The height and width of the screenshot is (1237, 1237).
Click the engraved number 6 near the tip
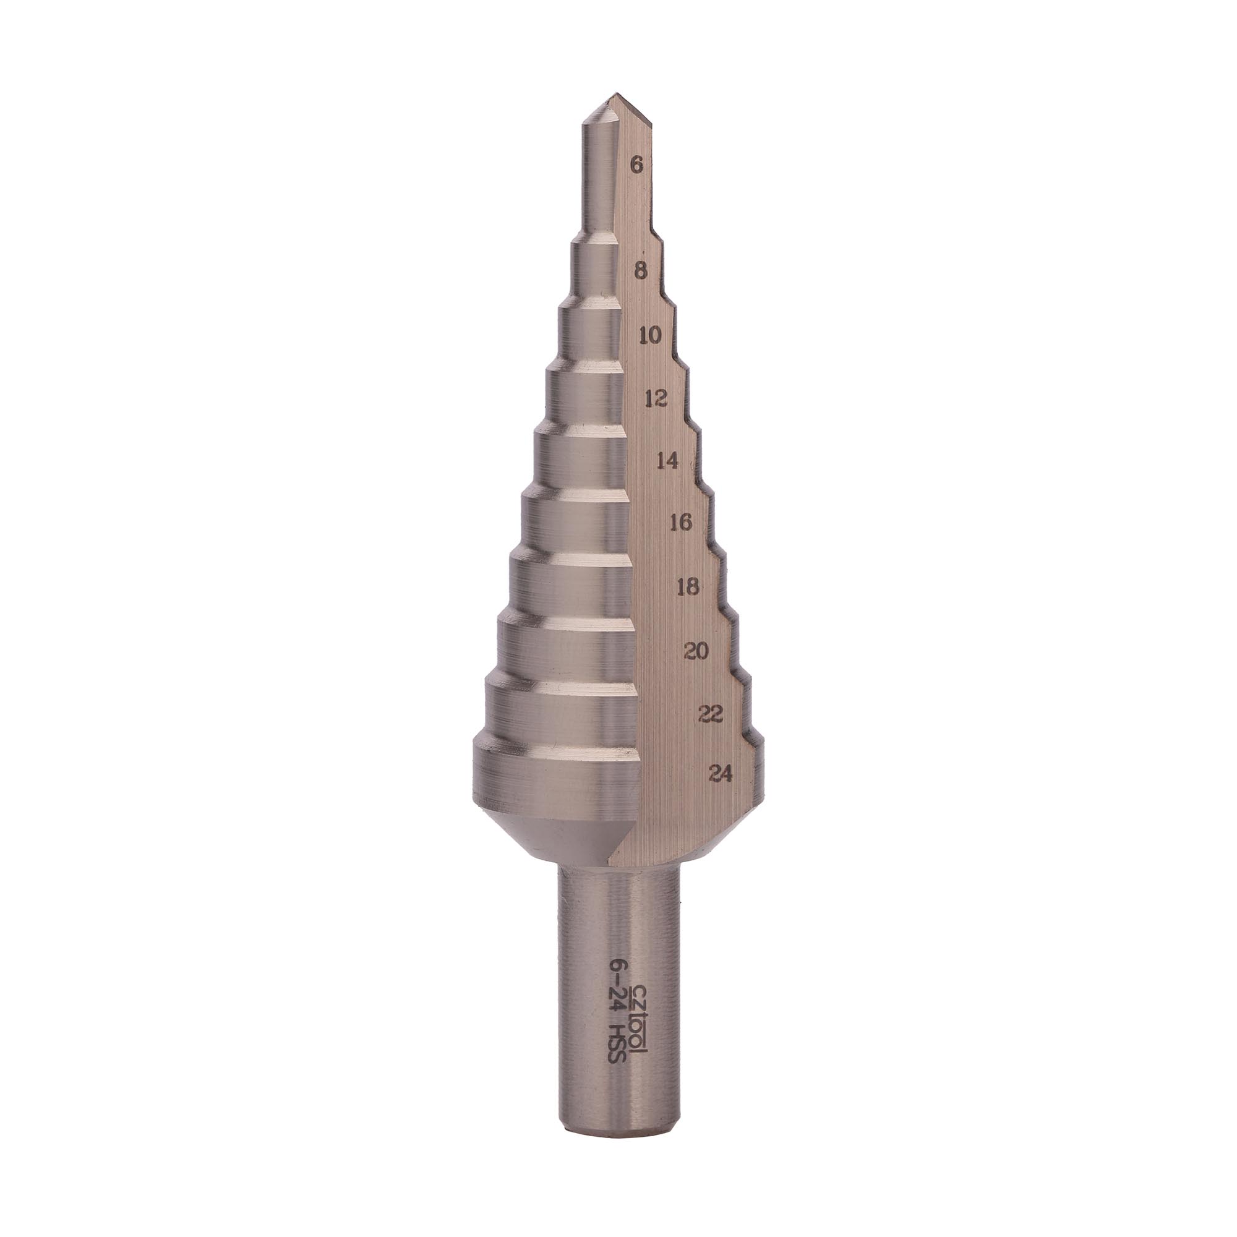(636, 166)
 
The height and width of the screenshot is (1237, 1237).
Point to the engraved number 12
(657, 399)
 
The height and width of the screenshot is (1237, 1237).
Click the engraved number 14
(668, 460)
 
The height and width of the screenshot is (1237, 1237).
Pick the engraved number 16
(680, 523)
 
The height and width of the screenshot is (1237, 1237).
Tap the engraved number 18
(688, 586)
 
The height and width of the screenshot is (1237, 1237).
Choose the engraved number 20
(696, 652)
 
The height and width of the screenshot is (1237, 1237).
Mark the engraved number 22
(711, 714)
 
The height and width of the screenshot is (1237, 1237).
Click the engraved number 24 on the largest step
(721, 775)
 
